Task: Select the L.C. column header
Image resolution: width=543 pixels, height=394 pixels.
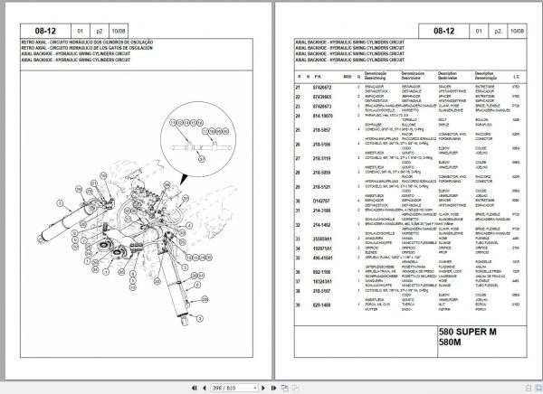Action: [515, 76]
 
